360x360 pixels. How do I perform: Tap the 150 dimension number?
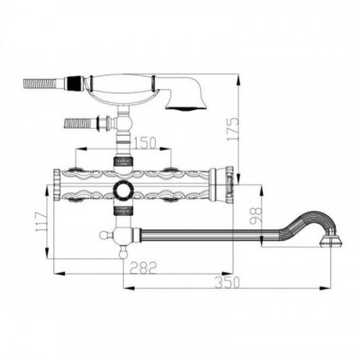tap(144, 143)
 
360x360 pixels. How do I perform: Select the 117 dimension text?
tap(42, 222)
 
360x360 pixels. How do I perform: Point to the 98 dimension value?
tap(256, 215)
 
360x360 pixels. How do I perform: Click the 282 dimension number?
tap(143, 267)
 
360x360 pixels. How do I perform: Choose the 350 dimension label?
tap(227, 282)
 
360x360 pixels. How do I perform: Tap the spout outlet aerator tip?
tap(331, 242)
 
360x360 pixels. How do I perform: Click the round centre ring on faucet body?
tap(123, 189)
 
